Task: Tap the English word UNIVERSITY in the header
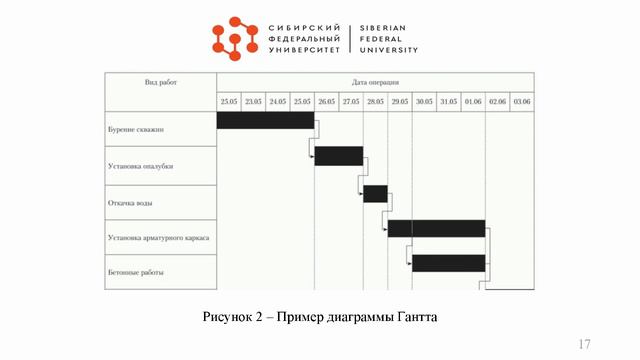(389, 49)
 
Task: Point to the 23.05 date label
(253, 102)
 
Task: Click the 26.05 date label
(326, 102)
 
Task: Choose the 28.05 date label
(375, 102)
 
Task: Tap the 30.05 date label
(424, 102)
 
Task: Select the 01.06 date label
(473, 102)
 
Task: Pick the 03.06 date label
(522, 102)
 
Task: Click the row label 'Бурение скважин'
(135, 130)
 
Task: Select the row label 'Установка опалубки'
(139, 166)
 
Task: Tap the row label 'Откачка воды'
(130, 203)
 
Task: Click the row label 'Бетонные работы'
(135, 272)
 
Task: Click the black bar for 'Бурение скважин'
(265, 120)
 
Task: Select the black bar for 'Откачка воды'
(375, 193)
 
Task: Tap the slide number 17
(584, 344)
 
